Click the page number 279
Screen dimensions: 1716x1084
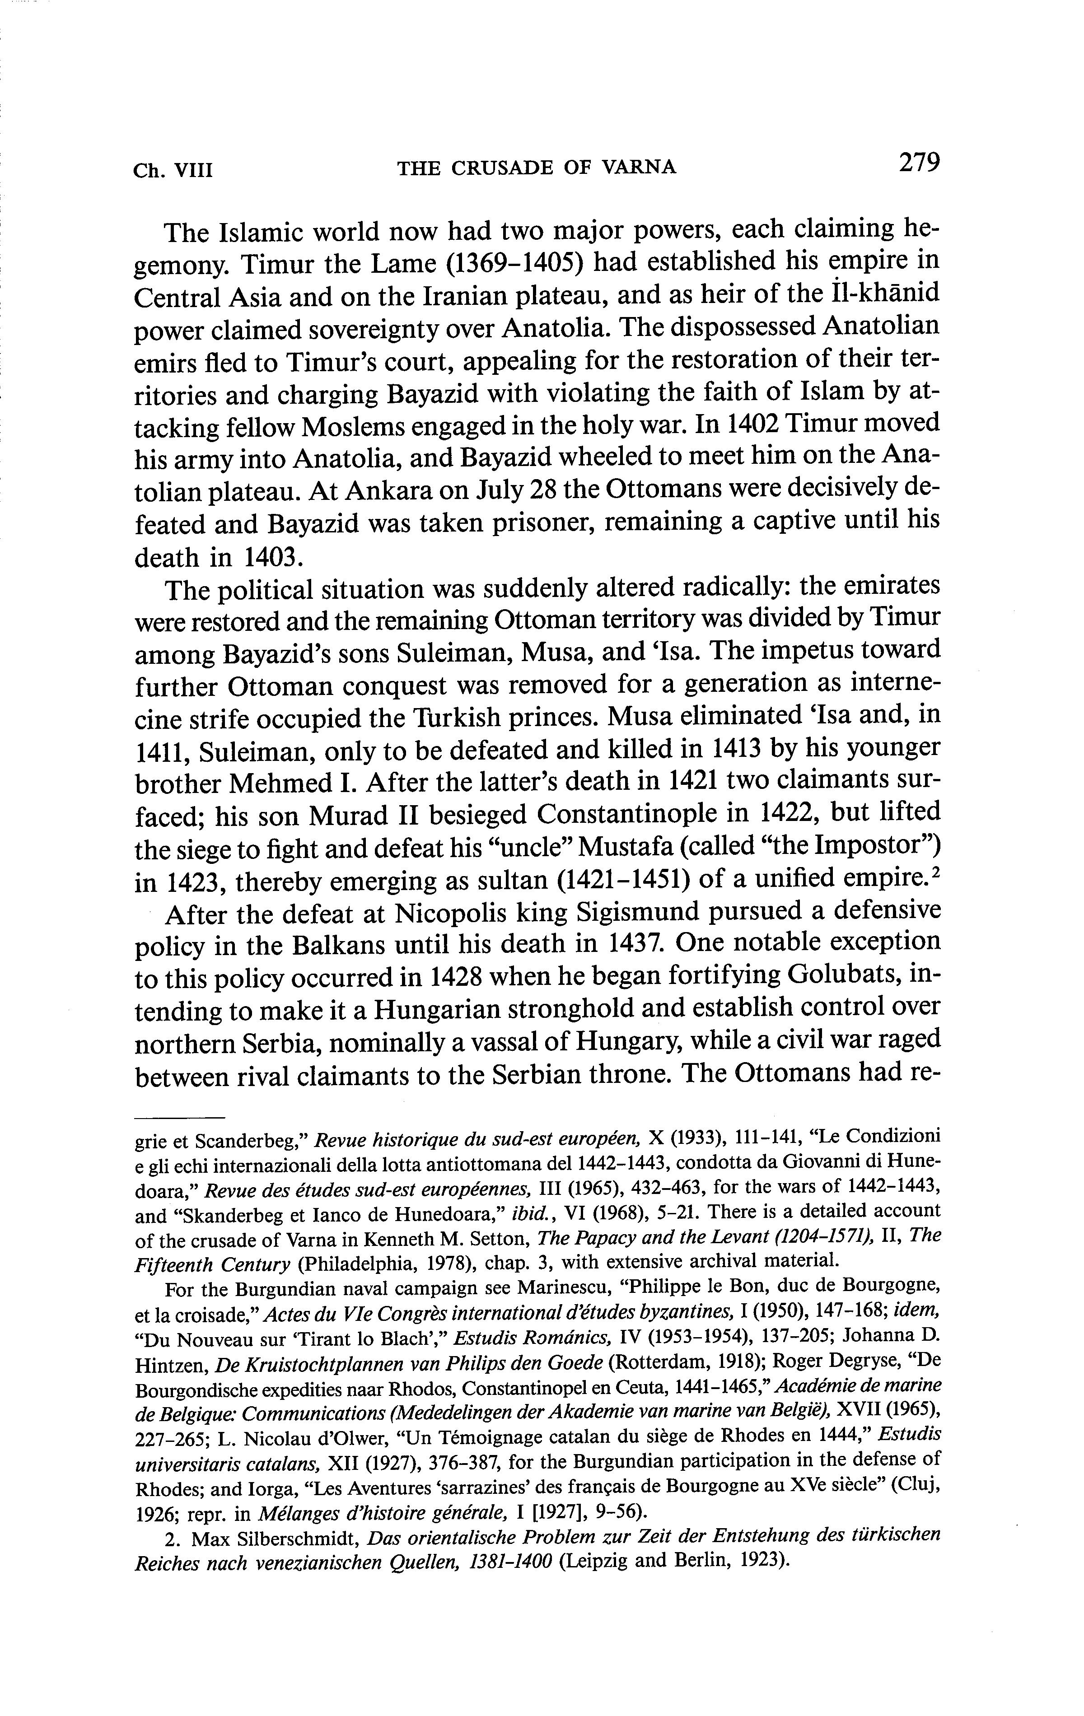tap(920, 163)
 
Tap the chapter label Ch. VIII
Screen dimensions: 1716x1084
tap(173, 170)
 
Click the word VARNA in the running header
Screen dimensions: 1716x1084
tap(639, 168)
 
